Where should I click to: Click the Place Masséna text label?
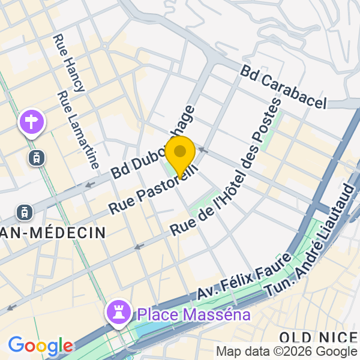point(193,314)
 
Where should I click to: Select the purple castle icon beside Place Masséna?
point(118,311)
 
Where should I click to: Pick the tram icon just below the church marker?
point(37,158)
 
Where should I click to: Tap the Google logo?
point(40,346)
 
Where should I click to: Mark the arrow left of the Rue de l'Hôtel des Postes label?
point(139,246)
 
